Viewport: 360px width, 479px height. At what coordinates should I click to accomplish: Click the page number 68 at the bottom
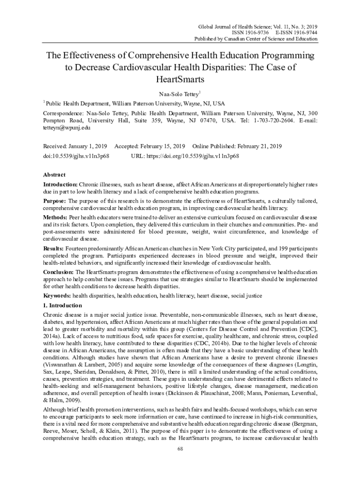tap(180, 450)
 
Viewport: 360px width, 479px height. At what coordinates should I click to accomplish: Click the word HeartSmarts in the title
tap(180, 80)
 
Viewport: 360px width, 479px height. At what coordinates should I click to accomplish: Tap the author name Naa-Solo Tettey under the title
tap(179, 94)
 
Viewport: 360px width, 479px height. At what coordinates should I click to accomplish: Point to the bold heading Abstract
tap(54, 174)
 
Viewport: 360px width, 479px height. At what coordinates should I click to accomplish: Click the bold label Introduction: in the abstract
tap(60, 184)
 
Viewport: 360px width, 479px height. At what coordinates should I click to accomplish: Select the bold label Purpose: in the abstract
tap(55, 201)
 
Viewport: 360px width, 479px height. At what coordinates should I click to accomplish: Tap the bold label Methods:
tap(55, 218)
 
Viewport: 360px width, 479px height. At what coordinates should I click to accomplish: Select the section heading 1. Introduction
tap(62, 305)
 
